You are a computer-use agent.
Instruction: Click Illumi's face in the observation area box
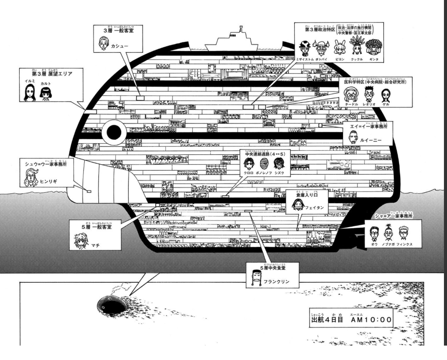click(x=30, y=93)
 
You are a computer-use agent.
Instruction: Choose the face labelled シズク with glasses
click(x=279, y=164)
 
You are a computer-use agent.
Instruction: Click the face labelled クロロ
click(x=248, y=164)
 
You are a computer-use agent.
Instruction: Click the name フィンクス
click(x=405, y=244)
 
